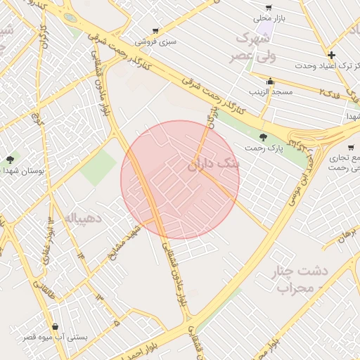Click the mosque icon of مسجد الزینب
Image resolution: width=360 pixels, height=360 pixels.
pyautogui.click(x=270, y=81)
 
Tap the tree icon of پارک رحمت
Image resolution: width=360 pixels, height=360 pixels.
pyautogui.click(x=263, y=137)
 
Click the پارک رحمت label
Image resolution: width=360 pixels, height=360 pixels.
pyautogui.click(x=263, y=148)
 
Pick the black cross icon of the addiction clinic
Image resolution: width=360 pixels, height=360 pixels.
pyautogui.click(x=331, y=55)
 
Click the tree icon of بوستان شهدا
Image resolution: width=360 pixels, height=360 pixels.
pyautogui.click(x=9, y=160)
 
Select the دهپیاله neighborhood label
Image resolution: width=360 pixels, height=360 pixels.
pyautogui.click(x=84, y=218)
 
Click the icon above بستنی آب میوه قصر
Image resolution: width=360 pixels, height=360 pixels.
pyautogui.click(x=55, y=326)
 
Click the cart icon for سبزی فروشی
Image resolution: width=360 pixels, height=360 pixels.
pyautogui.click(x=155, y=31)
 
